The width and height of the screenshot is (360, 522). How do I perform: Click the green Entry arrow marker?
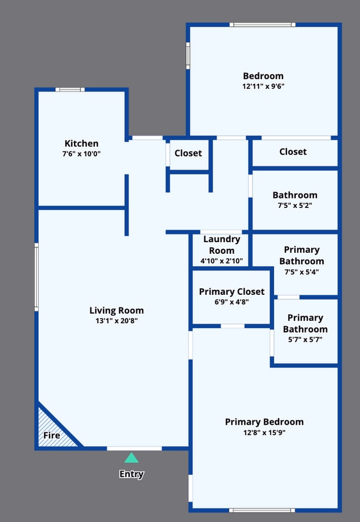[x=131, y=458]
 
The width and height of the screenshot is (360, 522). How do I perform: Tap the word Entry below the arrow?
[x=131, y=474]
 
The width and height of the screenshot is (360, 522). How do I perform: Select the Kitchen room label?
[x=81, y=144]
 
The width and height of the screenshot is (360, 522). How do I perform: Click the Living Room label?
[x=116, y=310]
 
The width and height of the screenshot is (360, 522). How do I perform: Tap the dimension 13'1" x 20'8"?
[x=116, y=321]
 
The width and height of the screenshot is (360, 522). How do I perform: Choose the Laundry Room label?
[x=222, y=244]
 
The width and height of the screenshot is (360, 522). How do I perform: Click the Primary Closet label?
[x=232, y=291]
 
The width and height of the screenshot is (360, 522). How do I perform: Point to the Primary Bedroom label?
[x=264, y=422]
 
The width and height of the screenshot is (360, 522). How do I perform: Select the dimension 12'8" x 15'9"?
[x=264, y=433]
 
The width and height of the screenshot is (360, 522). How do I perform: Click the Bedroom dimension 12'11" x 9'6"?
[x=263, y=86]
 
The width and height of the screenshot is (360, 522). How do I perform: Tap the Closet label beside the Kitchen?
[x=188, y=153]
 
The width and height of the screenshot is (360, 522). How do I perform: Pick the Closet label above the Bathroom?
[x=293, y=151]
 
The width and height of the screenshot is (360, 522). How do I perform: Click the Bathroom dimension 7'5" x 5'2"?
[x=295, y=206]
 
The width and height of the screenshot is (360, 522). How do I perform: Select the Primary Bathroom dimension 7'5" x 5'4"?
[x=301, y=272]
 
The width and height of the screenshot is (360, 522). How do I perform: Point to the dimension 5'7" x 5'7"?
[x=305, y=340]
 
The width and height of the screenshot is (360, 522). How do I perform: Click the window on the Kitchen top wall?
[x=70, y=89]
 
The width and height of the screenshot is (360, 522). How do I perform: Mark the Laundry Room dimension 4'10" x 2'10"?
[x=222, y=262]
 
